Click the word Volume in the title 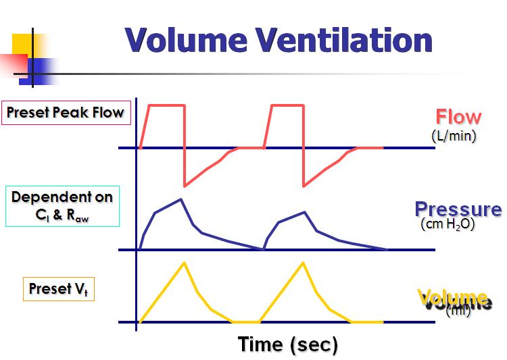coord(186,40)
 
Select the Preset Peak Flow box coord(66,113)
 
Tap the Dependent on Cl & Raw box coord(62,206)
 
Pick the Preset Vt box coord(59,289)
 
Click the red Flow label coord(458,117)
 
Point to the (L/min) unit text coord(454,136)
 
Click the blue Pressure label coord(458,209)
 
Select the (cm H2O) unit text coord(448,224)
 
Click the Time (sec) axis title coord(288,344)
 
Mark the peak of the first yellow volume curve coord(185,263)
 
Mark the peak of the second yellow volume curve coord(303,263)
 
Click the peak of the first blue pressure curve coord(181,199)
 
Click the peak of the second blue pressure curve coord(304,212)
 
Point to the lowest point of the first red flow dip coord(185,186)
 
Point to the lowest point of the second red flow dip coord(304,186)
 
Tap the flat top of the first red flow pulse coord(166,105)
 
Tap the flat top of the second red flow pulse coord(288,105)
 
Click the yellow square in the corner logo coord(22,44)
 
